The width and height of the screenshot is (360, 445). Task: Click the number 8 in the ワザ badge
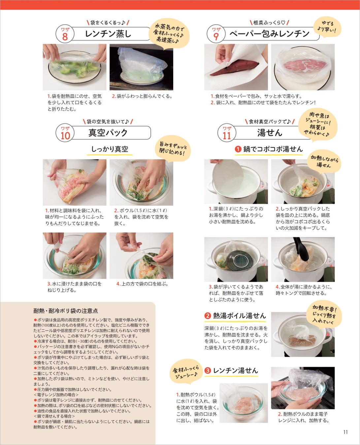65,37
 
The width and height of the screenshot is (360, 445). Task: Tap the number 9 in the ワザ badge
216,37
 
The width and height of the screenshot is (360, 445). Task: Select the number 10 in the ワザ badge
65,136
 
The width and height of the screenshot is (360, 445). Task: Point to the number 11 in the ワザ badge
227,136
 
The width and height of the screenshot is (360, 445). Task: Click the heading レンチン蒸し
108,34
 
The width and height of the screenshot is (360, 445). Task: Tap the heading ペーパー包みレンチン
270,34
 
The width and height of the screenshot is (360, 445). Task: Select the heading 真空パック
108,133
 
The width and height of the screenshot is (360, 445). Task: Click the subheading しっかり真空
110,149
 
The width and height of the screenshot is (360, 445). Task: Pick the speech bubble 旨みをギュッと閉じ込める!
173,149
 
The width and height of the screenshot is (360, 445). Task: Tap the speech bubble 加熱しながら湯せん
324,161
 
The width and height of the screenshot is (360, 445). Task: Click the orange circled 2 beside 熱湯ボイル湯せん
208,315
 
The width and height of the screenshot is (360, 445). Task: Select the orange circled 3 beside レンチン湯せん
208,371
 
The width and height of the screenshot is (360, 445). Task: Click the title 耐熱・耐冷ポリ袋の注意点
66,311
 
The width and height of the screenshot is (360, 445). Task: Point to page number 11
345,432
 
